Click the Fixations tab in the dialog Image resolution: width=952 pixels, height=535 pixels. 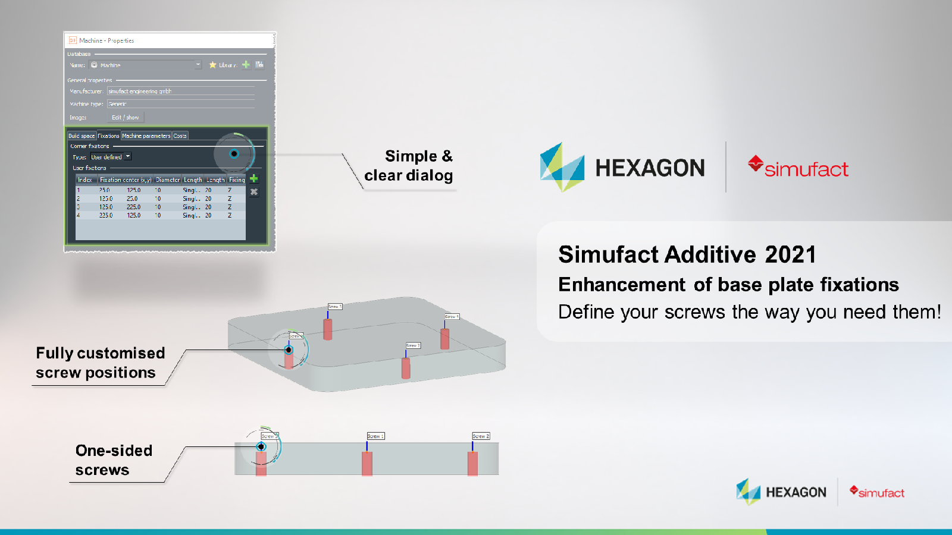point(108,136)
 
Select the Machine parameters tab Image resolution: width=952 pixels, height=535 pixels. point(146,136)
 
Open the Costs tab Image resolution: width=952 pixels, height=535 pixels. point(180,136)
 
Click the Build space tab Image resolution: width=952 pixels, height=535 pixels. point(82,136)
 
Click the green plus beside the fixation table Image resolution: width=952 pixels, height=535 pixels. point(254,178)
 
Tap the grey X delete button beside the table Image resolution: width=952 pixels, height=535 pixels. point(254,192)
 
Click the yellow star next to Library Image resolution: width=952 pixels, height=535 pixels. point(212,65)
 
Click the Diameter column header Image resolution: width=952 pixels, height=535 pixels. point(167,180)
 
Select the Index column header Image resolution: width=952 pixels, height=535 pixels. point(85,180)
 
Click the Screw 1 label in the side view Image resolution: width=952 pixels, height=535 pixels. point(375,436)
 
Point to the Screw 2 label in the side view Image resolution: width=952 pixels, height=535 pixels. point(481,436)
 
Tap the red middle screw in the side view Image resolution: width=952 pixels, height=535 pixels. point(367,464)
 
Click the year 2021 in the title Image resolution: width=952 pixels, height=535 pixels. point(790,255)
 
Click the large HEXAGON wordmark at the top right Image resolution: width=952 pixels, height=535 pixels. point(650,168)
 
